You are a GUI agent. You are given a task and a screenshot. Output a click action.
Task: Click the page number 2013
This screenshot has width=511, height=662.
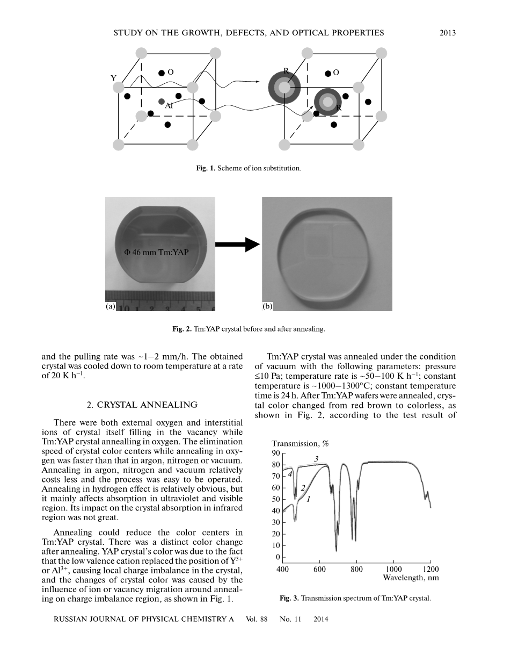447,33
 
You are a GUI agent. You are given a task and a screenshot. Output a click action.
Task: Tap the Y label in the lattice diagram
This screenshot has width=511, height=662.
113,78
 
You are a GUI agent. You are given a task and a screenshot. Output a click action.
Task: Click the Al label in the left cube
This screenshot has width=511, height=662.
169,106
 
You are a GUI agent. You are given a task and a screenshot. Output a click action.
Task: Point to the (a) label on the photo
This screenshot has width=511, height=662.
111,306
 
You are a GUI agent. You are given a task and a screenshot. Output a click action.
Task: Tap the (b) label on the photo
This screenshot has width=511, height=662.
267,306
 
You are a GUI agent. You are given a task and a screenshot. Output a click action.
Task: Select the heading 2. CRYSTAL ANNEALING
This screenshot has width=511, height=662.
142,405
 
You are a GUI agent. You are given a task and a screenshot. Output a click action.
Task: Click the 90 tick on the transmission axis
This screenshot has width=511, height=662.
276,453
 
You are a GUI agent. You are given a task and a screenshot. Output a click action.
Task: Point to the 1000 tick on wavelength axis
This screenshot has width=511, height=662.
393,569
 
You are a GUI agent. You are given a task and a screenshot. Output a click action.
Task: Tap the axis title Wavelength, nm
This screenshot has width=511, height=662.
411,578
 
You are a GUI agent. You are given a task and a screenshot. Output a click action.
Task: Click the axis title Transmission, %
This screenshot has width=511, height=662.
300,443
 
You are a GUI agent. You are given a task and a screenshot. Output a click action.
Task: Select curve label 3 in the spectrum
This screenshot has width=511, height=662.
317,458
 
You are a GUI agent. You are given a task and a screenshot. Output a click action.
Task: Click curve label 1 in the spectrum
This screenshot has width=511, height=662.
309,499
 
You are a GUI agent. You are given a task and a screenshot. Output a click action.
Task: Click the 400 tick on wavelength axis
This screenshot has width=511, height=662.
283,569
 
